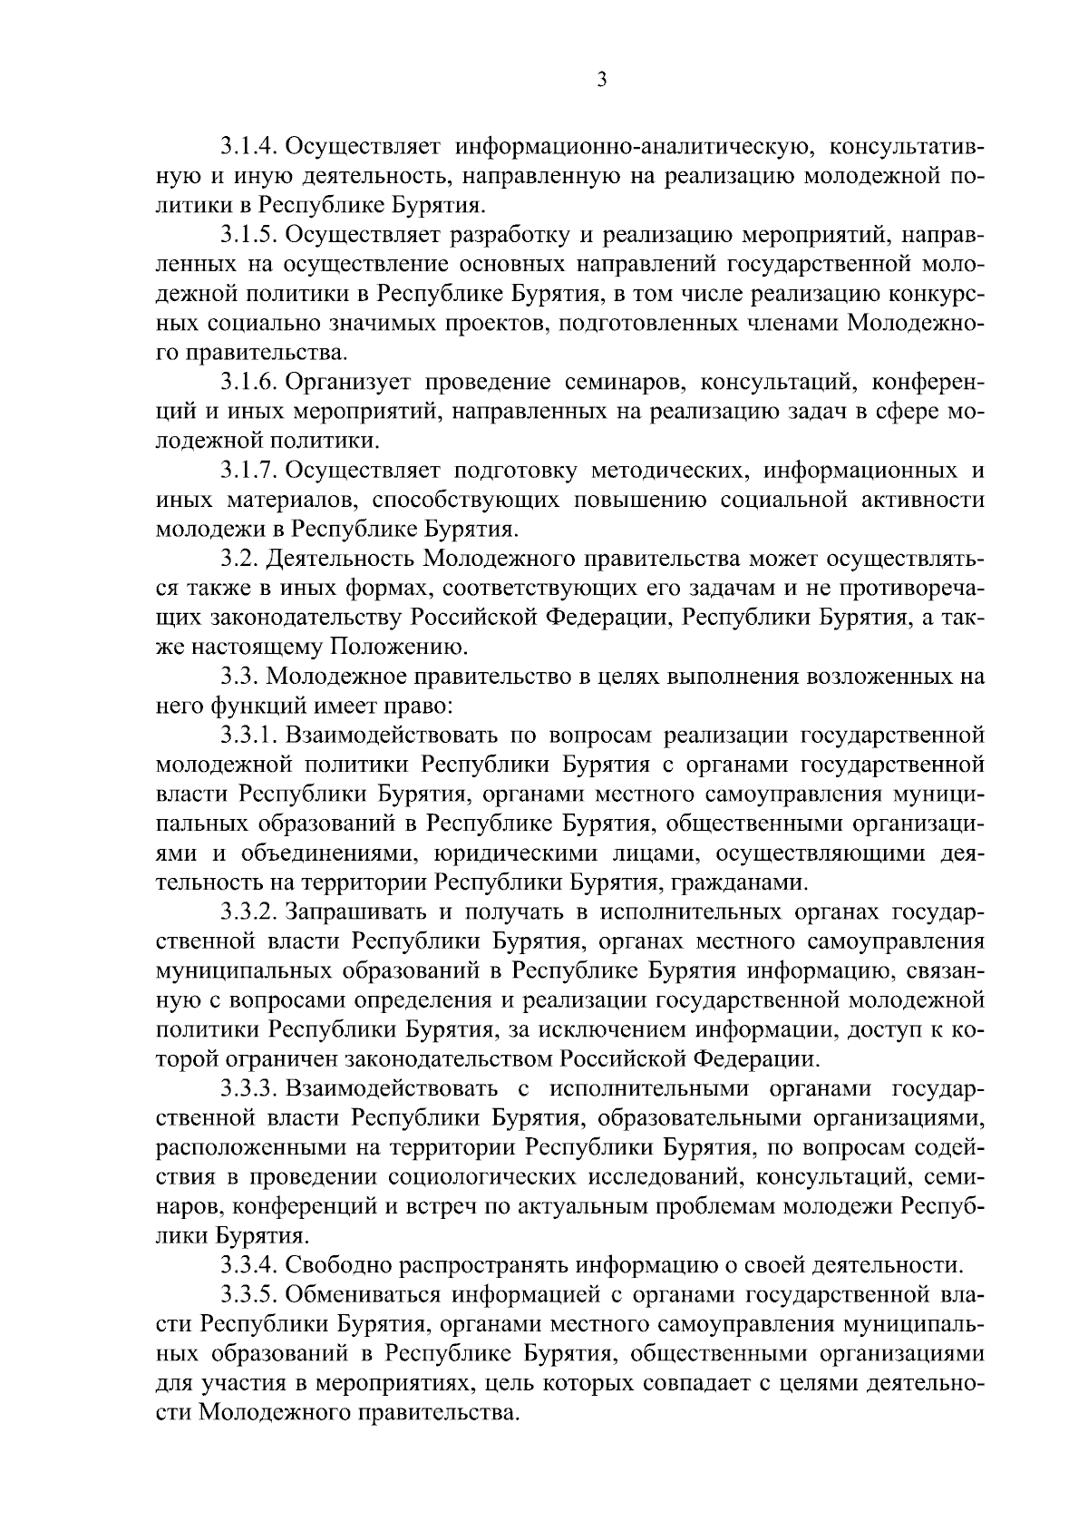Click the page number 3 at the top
pyautogui.click(x=601, y=81)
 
